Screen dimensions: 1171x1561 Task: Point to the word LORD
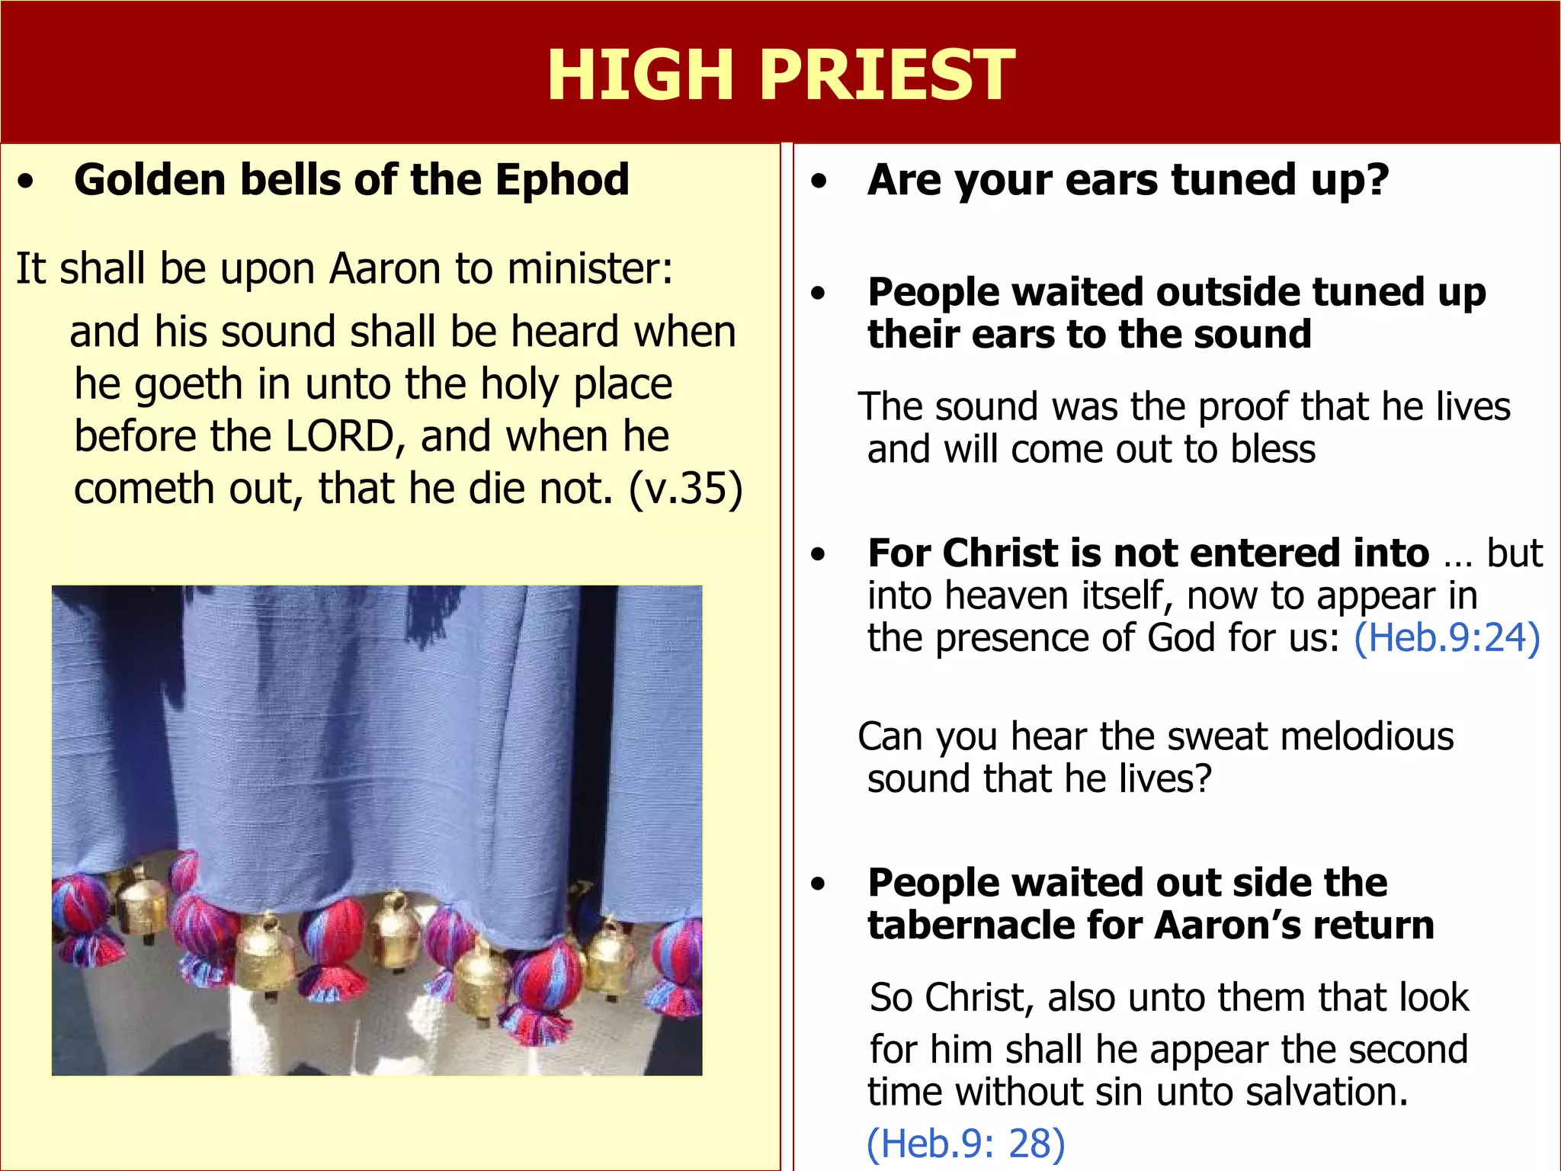point(340,436)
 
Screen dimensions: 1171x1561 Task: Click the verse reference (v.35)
point(685,489)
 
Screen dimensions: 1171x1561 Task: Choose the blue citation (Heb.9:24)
point(1447,637)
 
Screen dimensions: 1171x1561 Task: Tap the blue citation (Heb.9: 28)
point(966,1143)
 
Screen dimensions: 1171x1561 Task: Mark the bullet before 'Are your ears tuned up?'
point(819,182)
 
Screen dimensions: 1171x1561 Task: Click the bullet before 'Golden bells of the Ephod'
point(27,182)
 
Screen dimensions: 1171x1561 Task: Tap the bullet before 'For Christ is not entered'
point(819,555)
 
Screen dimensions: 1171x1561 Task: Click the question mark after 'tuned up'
point(1378,180)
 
